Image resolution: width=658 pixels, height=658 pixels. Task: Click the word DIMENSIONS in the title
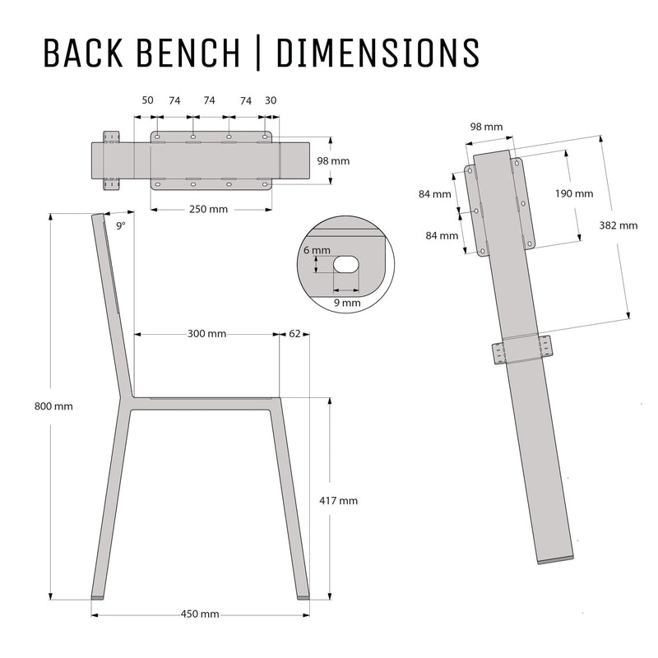coord(378,52)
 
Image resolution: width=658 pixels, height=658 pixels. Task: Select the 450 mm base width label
coord(200,614)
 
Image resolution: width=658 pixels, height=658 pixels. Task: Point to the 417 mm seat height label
coord(338,501)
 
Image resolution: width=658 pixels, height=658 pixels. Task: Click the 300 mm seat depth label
coord(206,334)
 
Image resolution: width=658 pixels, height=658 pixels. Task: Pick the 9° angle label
coord(121,225)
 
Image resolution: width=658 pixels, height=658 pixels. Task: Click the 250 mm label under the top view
coord(208,209)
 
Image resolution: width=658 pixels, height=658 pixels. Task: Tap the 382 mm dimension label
coord(618,225)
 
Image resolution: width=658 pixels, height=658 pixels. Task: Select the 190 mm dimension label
coord(573,194)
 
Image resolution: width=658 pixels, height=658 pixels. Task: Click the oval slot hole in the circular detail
coord(346,263)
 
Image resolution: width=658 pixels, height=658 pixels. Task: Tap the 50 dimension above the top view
coord(147,100)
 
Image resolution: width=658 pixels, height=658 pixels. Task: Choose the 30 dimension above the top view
coord(271,100)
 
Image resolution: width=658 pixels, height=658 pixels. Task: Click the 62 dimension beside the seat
coord(295,334)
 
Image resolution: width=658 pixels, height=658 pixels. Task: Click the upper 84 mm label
coord(434,194)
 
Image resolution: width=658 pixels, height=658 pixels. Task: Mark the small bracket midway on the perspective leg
coord(521,350)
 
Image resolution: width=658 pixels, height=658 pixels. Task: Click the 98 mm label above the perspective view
coord(486,127)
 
